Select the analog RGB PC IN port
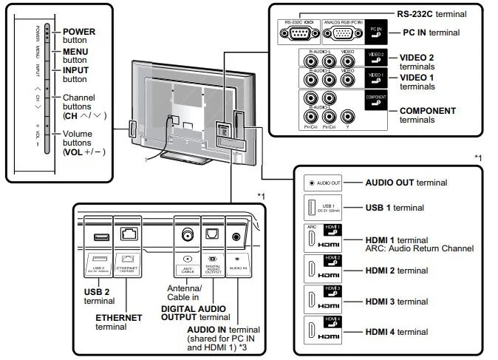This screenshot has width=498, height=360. point(344,32)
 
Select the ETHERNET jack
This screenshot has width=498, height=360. point(131,236)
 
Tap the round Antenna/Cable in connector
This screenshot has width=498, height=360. point(185,234)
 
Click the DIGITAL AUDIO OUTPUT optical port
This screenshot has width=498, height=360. point(211,234)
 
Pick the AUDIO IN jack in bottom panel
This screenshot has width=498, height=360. point(236,236)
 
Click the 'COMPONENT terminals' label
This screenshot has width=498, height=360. point(427,115)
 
